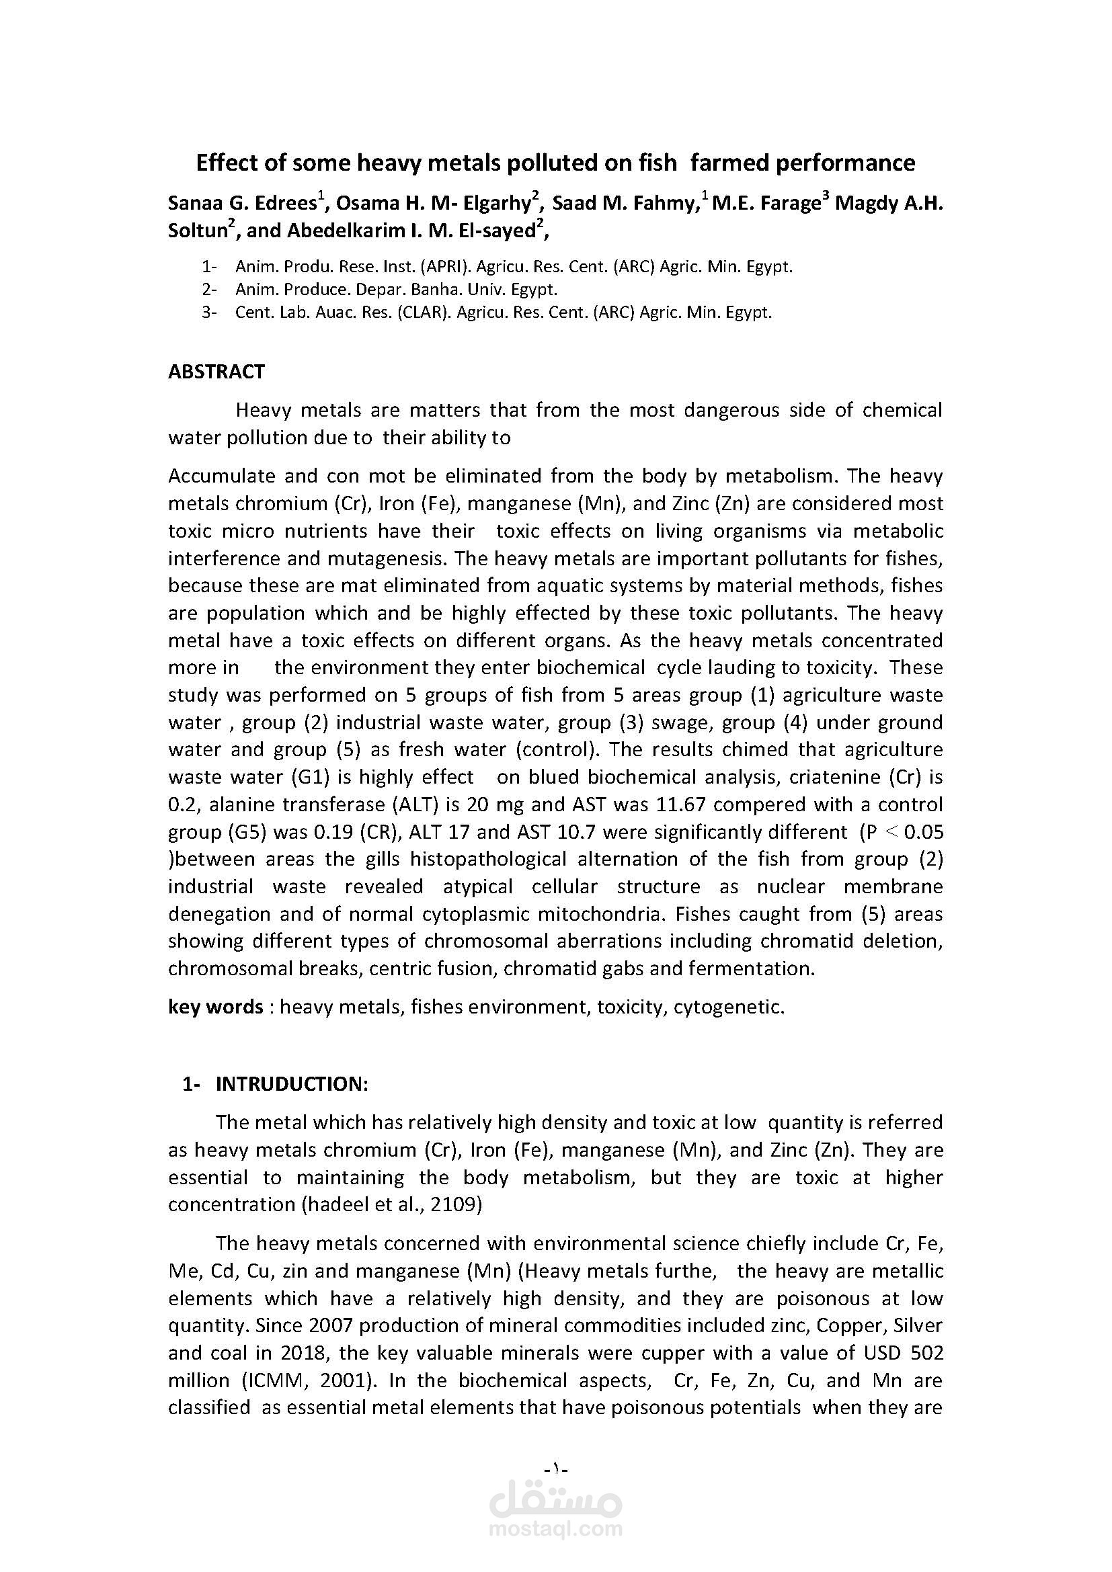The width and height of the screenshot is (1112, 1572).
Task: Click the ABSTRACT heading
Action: (216, 372)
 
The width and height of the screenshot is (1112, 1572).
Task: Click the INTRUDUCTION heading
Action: (292, 1084)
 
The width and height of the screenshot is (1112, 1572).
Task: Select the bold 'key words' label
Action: (215, 1007)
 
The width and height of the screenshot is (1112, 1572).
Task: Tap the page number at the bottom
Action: (556, 1468)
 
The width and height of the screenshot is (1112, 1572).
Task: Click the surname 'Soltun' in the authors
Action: (198, 231)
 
